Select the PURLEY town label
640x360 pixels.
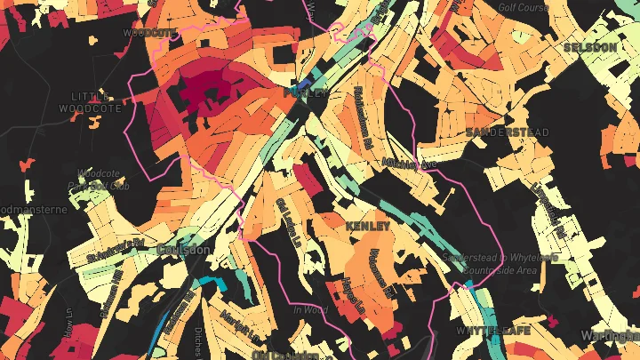pos(305,92)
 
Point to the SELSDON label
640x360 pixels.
pos(589,46)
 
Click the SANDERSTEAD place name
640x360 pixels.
pos(508,132)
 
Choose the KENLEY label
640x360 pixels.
pos(368,227)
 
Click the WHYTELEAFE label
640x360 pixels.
pos(493,331)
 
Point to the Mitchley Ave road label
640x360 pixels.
pos(409,164)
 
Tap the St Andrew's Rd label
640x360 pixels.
pos(116,249)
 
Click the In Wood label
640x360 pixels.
pos(310,309)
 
